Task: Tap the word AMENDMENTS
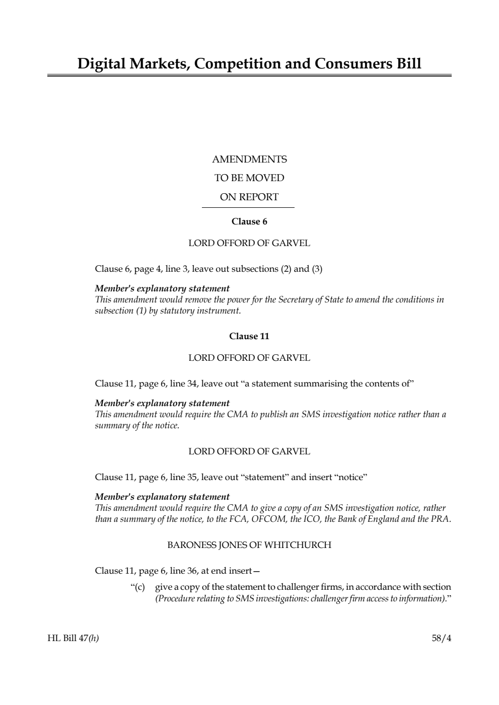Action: coord(249,160)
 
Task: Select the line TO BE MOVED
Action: coord(249,178)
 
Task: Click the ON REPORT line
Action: coord(249,197)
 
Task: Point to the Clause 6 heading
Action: coord(249,221)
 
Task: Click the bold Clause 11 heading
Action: coord(249,336)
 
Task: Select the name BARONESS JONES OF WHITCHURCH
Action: coord(249,545)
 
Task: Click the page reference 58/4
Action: coord(442,639)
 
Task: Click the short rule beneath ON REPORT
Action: coord(248,207)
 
